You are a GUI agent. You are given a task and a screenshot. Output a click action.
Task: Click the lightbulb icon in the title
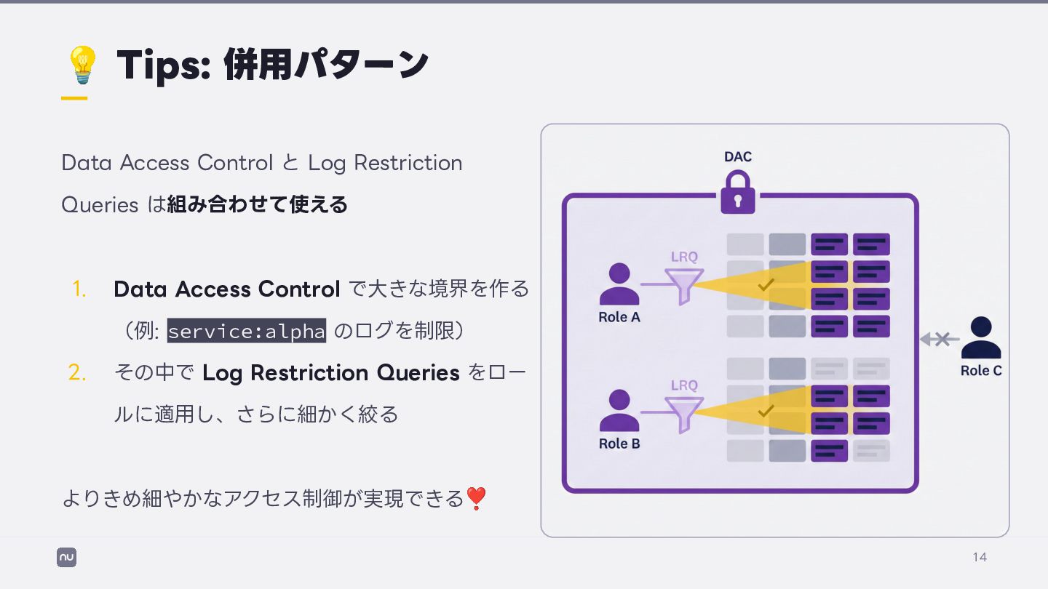tap(82, 64)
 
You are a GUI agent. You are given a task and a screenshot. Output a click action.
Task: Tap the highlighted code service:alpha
tap(247, 331)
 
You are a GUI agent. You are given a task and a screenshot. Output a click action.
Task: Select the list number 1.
tap(79, 289)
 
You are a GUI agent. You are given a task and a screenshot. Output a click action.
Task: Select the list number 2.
tap(77, 373)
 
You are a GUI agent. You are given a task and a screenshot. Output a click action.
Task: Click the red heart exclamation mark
tap(475, 499)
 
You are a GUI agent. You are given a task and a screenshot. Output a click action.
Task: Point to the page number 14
tap(980, 557)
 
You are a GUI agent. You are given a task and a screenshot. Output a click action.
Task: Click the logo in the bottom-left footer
tap(66, 558)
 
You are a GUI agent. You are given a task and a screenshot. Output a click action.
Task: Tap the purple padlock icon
tap(737, 193)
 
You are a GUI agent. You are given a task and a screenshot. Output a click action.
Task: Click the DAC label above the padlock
tap(737, 156)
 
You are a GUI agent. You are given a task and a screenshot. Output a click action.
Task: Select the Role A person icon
tap(619, 284)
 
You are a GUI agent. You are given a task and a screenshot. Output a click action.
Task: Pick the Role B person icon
tap(619, 411)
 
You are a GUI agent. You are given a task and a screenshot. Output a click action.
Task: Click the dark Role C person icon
tap(980, 338)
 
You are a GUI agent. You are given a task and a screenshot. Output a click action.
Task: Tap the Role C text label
tap(980, 371)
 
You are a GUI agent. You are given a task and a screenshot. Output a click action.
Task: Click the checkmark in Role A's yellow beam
tap(765, 285)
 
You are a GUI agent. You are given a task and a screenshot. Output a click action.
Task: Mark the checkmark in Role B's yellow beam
tap(765, 412)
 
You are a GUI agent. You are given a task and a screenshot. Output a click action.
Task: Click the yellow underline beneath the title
tap(74, 97)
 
